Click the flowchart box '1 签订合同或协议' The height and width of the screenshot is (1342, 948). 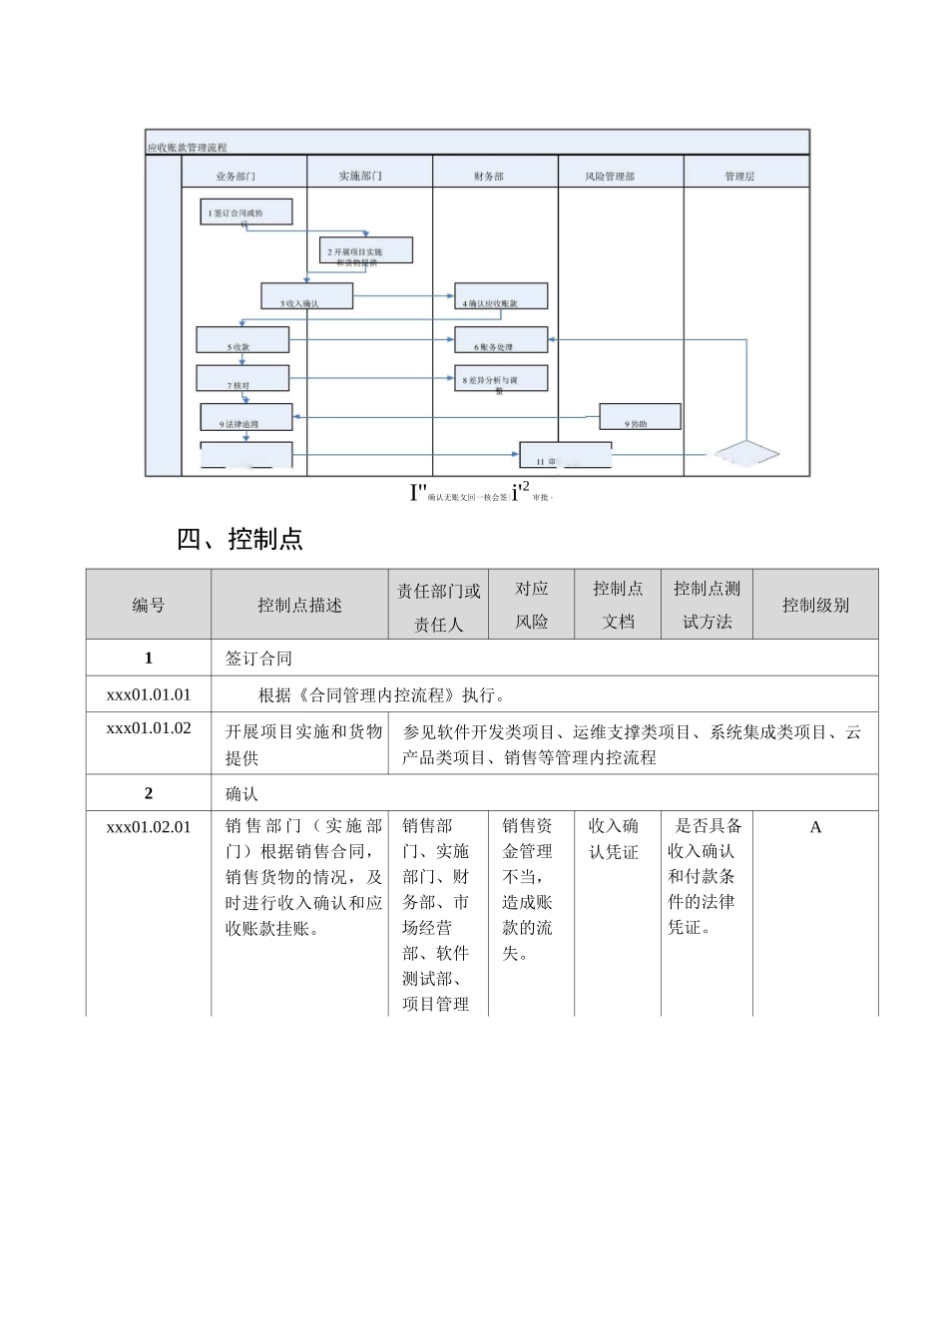[x=245, y=212]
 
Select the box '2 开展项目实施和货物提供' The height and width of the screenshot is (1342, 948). [x=366, y=250]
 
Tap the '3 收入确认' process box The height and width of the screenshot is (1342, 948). [x=306, y=296]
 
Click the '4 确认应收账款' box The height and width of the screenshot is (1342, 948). [x=501, y=296]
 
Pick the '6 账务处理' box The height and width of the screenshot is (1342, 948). [x=501, y=340]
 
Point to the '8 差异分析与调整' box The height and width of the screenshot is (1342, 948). [x=501, y=378]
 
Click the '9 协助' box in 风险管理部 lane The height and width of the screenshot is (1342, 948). [x=640, y=417]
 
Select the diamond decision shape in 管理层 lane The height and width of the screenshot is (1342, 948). [x=743, y=455]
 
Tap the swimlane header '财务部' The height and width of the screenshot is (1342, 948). [x=489, y=177]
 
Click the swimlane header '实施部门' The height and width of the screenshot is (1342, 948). [x=360, y=177]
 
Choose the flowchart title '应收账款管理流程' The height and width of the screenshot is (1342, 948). [x=187, y=148]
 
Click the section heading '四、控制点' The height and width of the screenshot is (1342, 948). [x=239, y=539]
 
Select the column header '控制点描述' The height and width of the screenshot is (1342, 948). [x=299, y=605]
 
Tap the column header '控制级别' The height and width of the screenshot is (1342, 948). [x=815, y=605]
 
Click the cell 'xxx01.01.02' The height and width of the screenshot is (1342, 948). [x=149, y=728]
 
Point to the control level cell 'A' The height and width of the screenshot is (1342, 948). [x=815, y=827]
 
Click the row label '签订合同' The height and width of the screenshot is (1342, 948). [x=258, y=659]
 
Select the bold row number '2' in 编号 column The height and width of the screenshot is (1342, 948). [x=149, y=793]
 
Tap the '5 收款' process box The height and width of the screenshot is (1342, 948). [x=242, y=340]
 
